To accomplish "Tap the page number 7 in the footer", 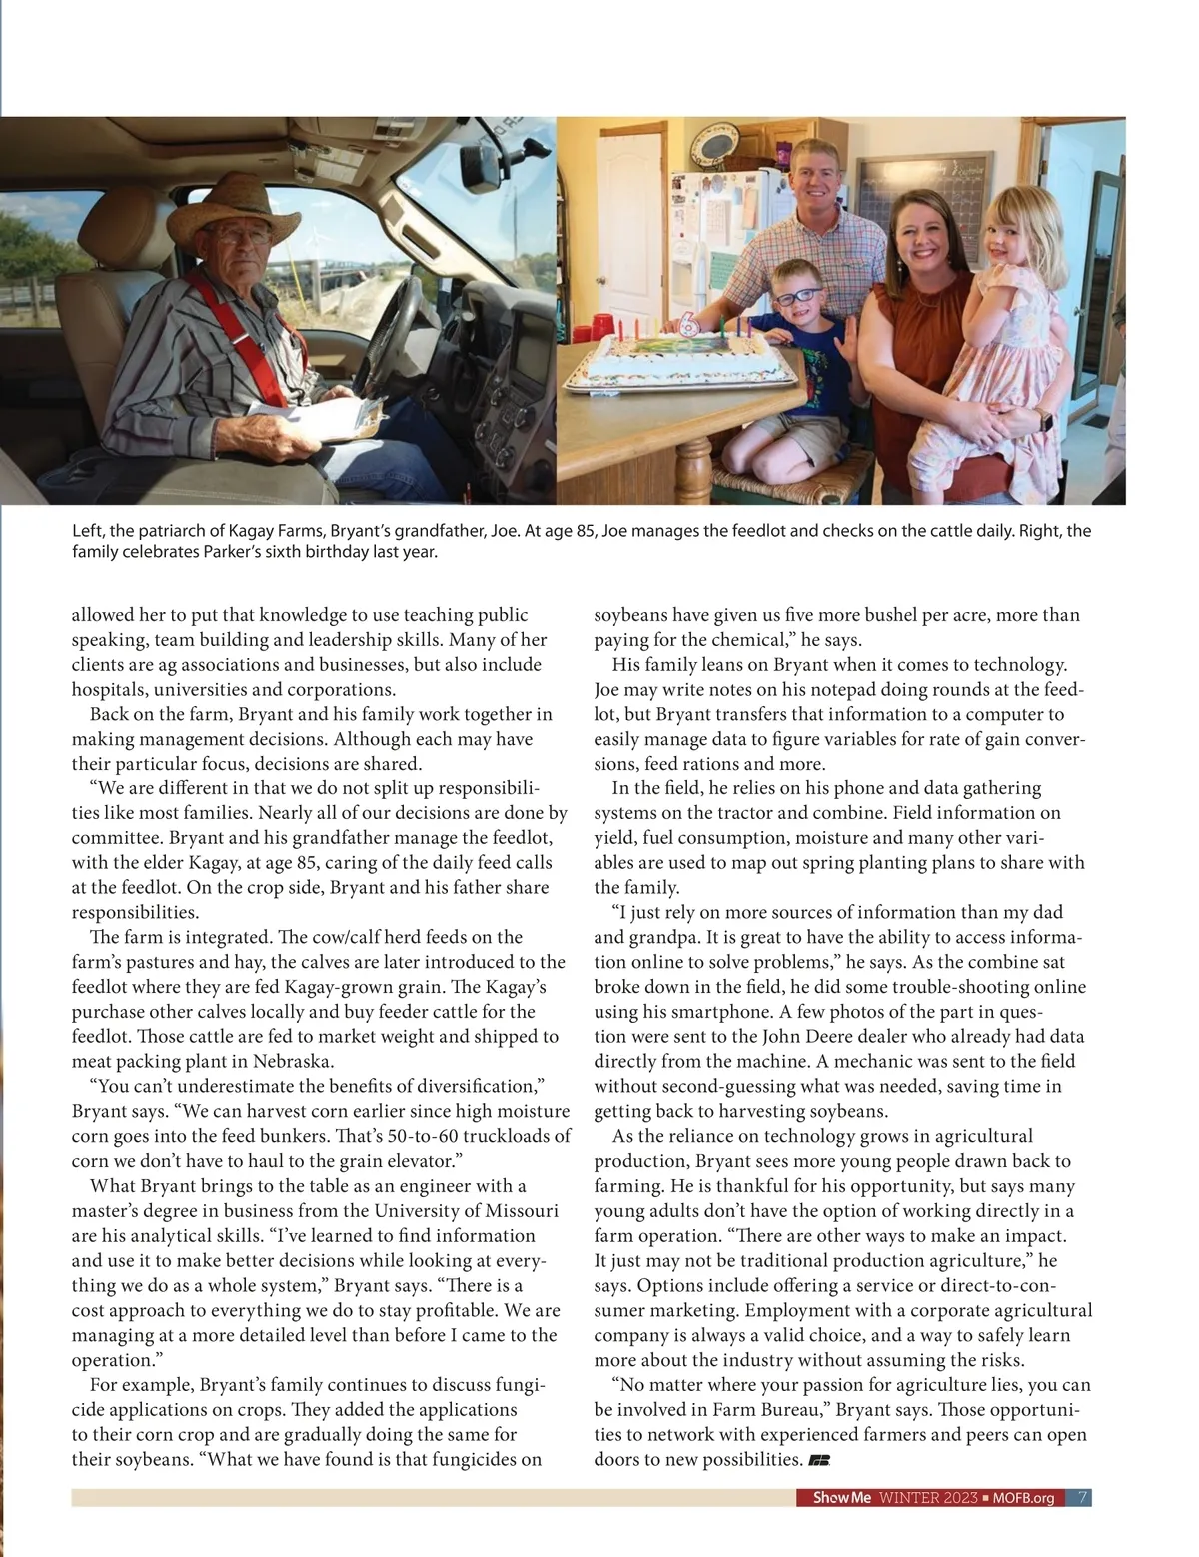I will point(1083,1498).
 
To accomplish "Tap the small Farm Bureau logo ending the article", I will point(819,1460).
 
